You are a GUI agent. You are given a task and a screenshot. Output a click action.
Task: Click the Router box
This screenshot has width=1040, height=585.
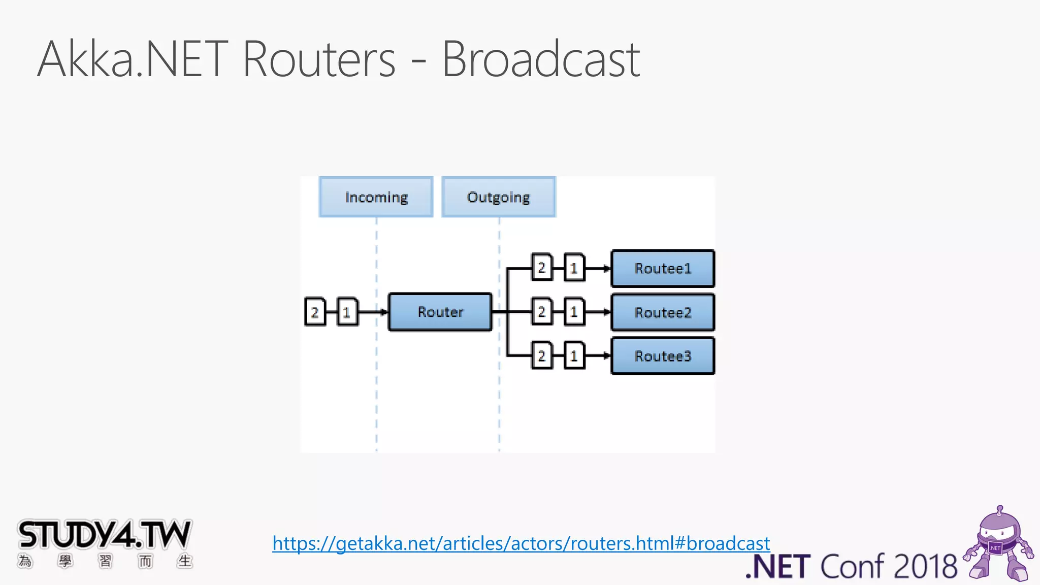coord(440,312)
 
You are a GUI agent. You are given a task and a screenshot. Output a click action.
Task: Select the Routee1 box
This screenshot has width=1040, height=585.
coord(663,268)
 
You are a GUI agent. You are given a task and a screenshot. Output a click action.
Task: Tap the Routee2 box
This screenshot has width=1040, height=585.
coord(663,312)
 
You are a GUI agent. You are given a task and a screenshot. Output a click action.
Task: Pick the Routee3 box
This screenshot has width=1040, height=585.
coord(663,356)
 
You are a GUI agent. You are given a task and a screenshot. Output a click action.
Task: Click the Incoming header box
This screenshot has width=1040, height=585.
coord(376,197)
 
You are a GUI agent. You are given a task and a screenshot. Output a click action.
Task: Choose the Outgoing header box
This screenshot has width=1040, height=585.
coord(499,197)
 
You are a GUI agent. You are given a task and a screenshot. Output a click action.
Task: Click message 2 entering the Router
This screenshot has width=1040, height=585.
coord(315,312)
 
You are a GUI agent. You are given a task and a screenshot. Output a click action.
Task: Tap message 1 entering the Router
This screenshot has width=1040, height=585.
coord(347,312)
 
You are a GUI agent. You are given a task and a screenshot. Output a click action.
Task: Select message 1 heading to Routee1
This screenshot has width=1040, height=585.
coord(574,268)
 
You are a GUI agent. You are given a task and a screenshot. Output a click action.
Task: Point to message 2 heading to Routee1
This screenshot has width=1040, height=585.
coord(542,268)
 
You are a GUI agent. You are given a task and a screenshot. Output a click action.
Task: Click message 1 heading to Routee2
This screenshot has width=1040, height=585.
coord(574,311)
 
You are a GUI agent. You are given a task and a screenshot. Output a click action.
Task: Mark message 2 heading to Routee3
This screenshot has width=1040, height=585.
coord(542,355)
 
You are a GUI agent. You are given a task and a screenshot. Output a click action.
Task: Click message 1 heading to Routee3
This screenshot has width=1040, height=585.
coord(574,355)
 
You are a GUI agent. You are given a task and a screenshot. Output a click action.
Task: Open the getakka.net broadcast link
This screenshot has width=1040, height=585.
coord(521,544)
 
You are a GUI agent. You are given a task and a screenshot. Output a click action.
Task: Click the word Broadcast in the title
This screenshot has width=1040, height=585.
coord(540,60)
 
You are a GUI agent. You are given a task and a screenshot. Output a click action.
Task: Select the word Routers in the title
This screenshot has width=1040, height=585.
coord(319,60)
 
